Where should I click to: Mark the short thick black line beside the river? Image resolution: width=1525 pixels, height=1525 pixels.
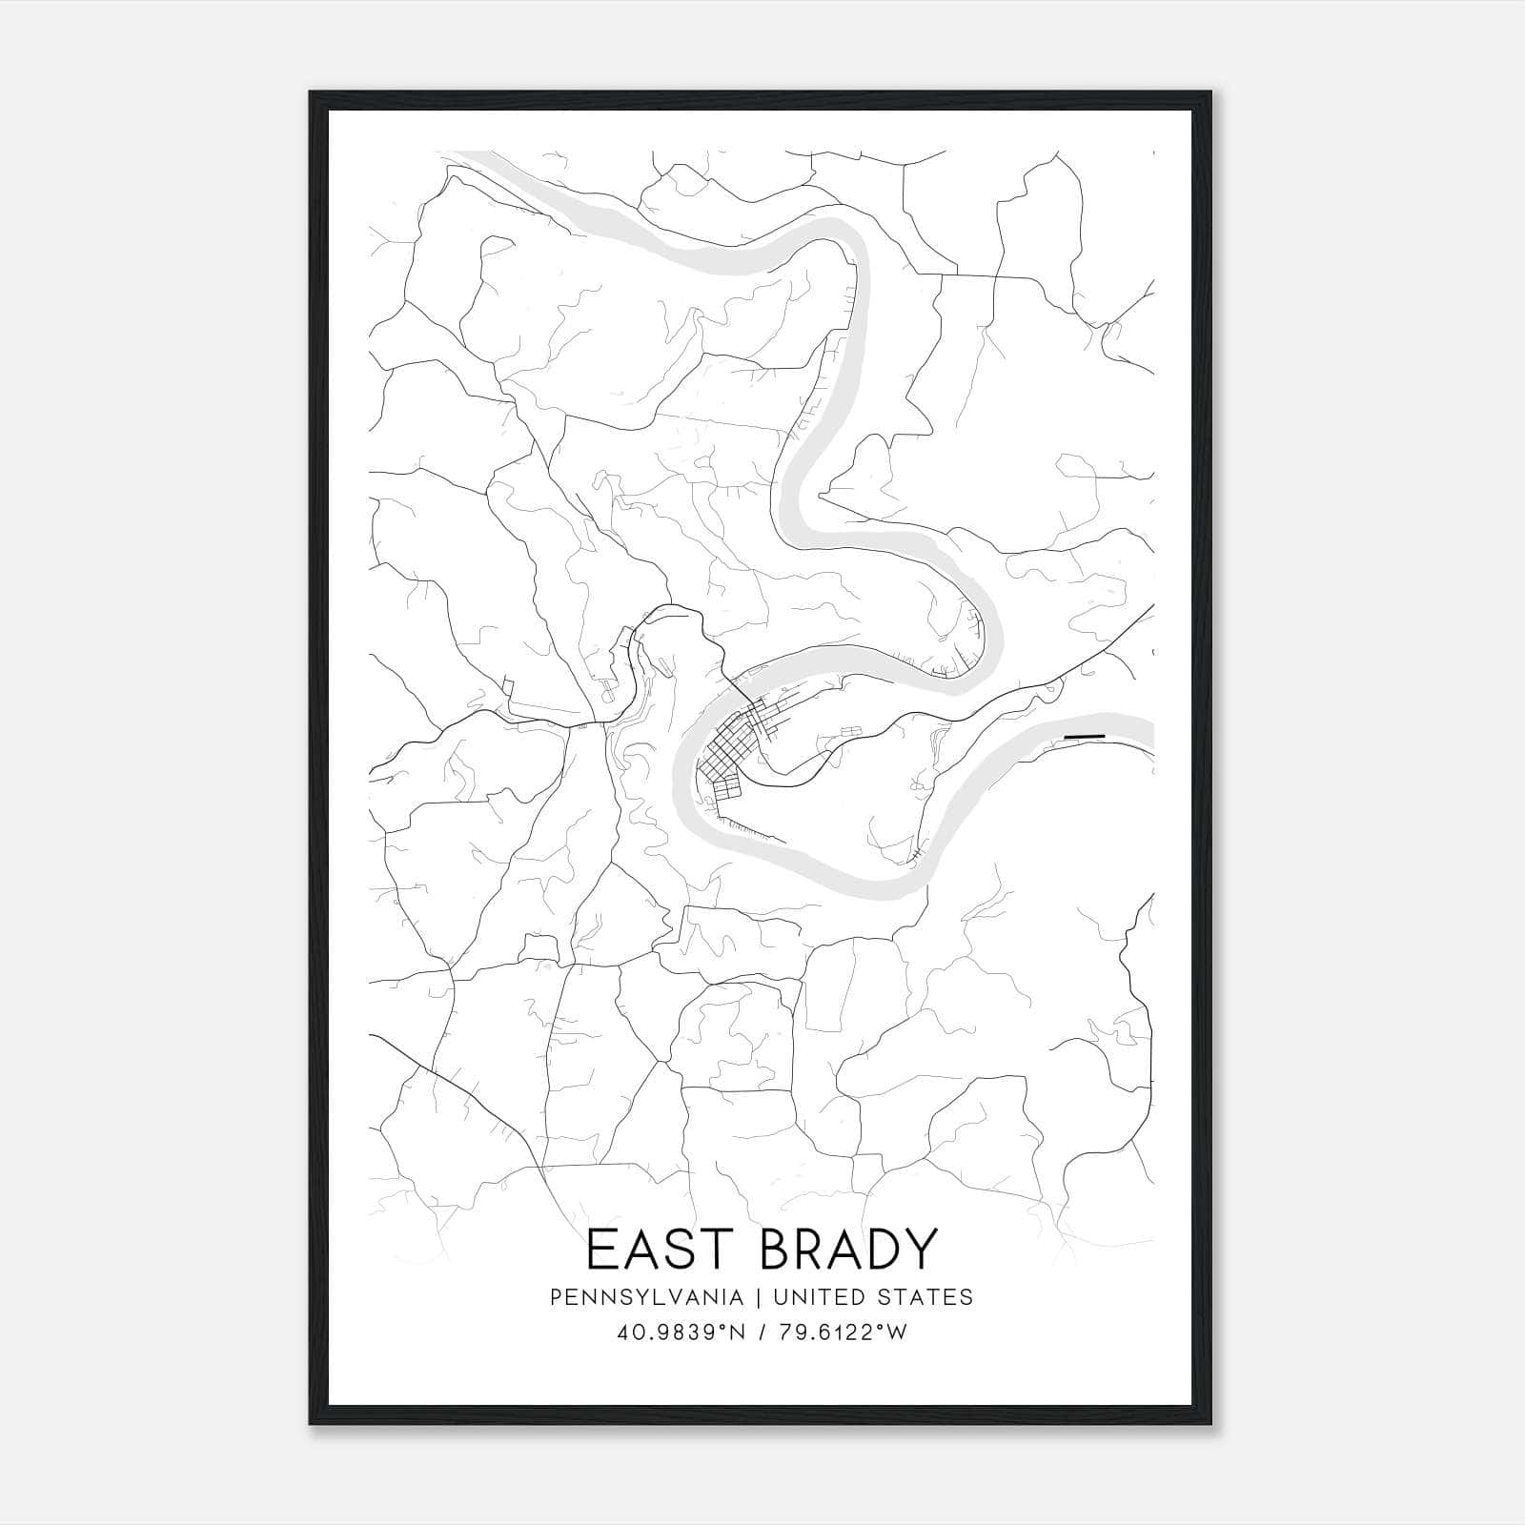pyautogui.click(x=1084, y=737)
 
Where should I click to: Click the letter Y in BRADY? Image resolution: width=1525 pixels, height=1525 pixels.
pyautogui.click(x=918, y=1250)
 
